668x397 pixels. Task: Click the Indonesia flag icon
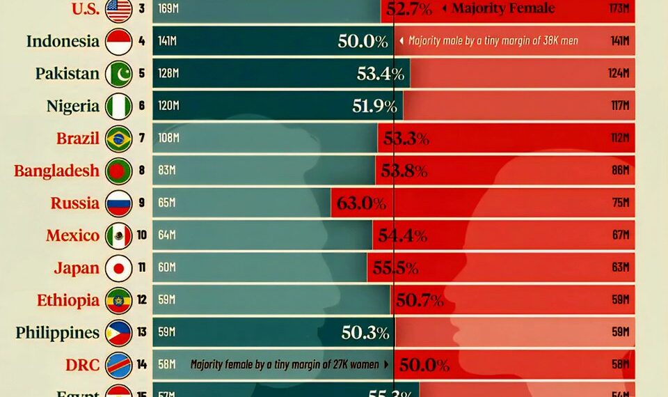click(x=118, y=41)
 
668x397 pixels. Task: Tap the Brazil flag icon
click(x=118, y=139)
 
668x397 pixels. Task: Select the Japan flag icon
click(x=118, y=268)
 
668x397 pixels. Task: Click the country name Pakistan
click(x=67, y=74)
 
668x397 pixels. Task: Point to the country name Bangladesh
click(x=56, y=171)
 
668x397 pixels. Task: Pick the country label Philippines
click(x=58, y=333)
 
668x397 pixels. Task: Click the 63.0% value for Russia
click(x=360, y=203)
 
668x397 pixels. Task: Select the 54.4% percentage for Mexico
click(x=402, y=236)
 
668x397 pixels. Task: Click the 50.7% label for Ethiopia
click(x=420, y=301)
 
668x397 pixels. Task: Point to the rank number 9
click(x=141, y=203)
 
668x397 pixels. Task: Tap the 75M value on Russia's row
click(x=621, y=203)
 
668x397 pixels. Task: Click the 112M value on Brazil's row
click(x=620, y=139)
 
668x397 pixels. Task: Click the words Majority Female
click(x=503, y=9)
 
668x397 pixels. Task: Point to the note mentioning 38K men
click(x=493, y=41)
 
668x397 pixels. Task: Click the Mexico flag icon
click(x=118, y=236)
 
